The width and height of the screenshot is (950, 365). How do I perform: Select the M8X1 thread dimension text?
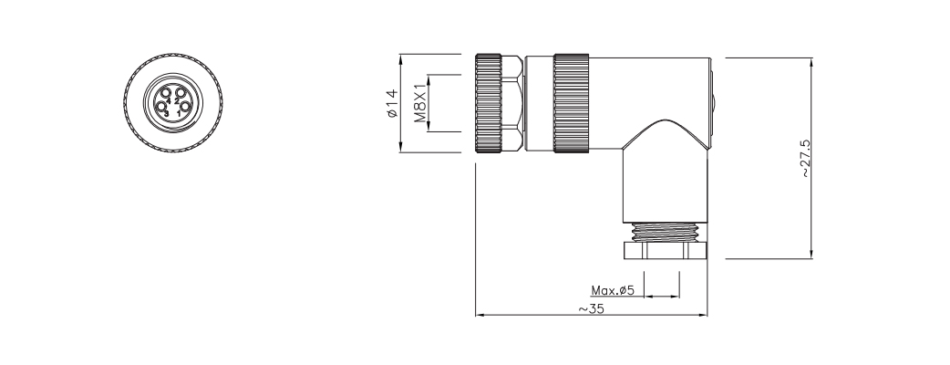click(420, 103)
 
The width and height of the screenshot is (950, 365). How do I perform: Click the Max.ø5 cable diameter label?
click(612, 291)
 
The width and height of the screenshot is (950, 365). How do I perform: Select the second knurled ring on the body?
click(572, 103)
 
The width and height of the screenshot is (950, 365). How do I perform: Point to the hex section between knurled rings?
click(518, 103)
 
